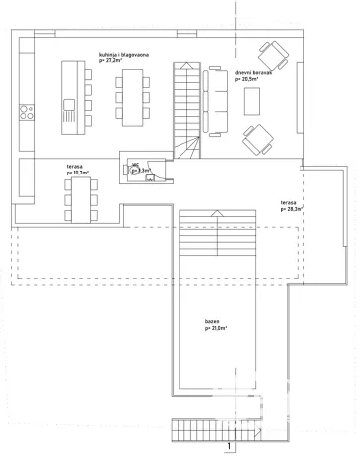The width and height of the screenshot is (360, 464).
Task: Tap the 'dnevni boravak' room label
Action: coord(253,72)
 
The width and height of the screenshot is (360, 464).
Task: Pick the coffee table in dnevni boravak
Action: coord(252,100)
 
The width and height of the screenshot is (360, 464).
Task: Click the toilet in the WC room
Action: coord(131,170)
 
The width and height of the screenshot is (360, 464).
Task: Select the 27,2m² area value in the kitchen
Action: coord(111,61)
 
